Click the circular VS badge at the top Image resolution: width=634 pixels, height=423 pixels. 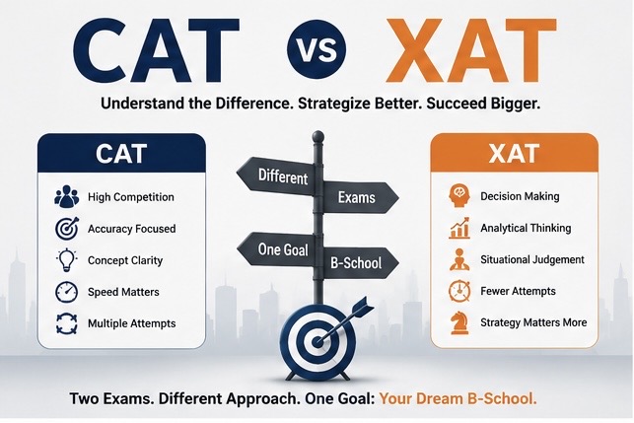[x=317, y=48]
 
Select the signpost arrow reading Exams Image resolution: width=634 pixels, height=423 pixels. [x=357, y=197]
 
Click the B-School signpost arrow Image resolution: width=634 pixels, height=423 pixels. [x=357, y=263]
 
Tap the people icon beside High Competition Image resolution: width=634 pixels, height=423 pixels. [x=67, y=197]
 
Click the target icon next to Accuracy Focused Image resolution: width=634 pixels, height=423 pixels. [x=67, y=229]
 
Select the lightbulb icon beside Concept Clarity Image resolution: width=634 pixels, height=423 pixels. [x=67, y=260]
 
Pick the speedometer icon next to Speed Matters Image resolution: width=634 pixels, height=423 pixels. [x=67, y=292]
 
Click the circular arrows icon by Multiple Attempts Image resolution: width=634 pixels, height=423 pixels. [x=67, y=323]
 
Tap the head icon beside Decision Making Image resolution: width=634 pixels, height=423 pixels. [x=459, y=196]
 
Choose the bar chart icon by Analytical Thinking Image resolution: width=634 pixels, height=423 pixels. [x=459, y=228]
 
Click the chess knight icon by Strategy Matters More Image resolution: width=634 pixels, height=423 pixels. [x=459, y=322]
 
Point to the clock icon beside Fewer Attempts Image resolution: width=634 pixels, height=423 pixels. [x=459, y=291]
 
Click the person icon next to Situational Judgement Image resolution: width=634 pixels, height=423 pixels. [x=459, y=259]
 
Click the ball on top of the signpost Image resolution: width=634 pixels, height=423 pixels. [x=318, y=136]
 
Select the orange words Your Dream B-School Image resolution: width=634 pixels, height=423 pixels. [x=458, y=398]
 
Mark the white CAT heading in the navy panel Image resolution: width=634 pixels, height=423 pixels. [x=121, y=154]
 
